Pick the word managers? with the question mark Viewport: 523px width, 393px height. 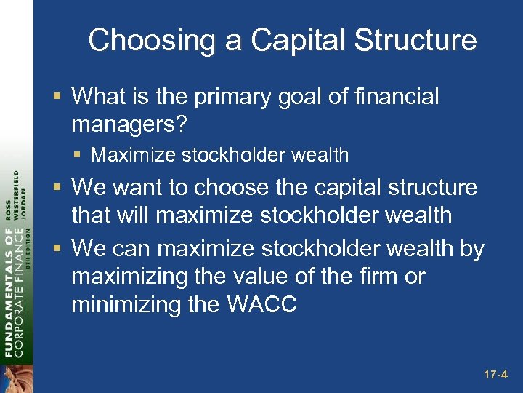(x=129, y=125)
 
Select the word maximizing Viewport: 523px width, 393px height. (x=128, y=277)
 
